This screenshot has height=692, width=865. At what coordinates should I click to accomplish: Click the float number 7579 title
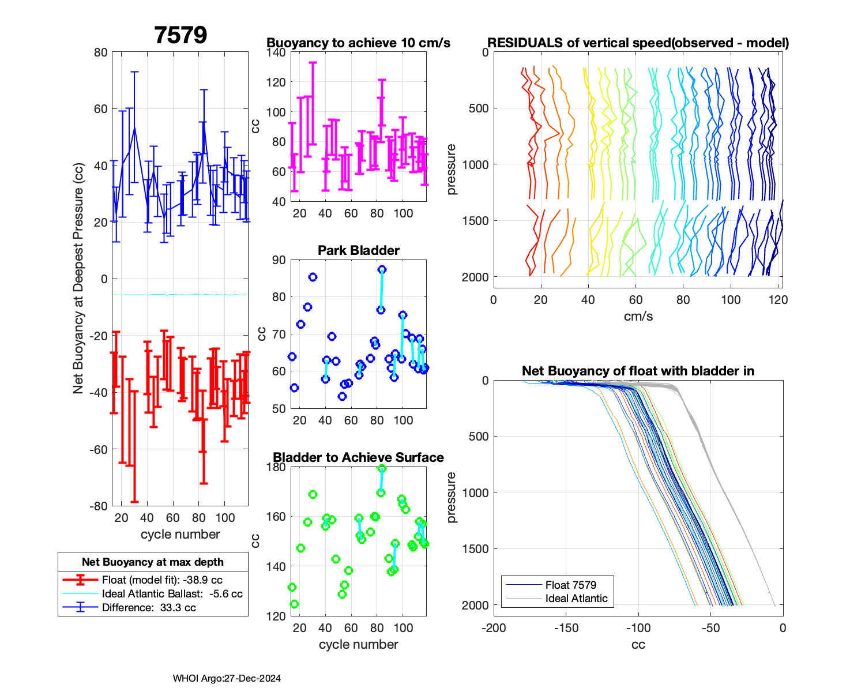180,36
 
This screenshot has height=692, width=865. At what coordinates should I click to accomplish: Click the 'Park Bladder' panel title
359,251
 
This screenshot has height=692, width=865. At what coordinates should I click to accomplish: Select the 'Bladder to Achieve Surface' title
358,458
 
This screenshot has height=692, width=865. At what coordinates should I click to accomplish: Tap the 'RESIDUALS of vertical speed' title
638,43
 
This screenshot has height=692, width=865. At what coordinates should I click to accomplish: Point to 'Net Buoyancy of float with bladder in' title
638,371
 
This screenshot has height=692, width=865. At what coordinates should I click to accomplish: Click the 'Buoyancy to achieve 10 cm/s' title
358,43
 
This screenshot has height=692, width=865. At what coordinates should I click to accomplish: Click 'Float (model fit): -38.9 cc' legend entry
162,580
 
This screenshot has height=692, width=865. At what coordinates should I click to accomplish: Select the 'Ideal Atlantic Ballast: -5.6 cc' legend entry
172,594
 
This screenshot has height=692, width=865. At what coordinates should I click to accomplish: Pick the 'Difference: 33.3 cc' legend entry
149,608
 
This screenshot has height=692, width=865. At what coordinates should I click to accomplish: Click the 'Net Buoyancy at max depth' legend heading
153,562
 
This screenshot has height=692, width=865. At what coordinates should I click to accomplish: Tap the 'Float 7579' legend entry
570,585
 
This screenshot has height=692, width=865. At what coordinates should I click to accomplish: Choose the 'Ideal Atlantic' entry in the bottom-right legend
576,599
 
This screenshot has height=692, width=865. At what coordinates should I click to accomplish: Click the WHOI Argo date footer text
227,679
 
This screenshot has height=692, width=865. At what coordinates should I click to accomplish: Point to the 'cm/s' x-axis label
638,317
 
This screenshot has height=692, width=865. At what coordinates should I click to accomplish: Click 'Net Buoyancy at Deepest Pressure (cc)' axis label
78,279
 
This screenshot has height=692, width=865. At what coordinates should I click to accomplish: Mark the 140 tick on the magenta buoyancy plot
276,52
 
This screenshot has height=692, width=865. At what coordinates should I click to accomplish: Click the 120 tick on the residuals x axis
778,300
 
